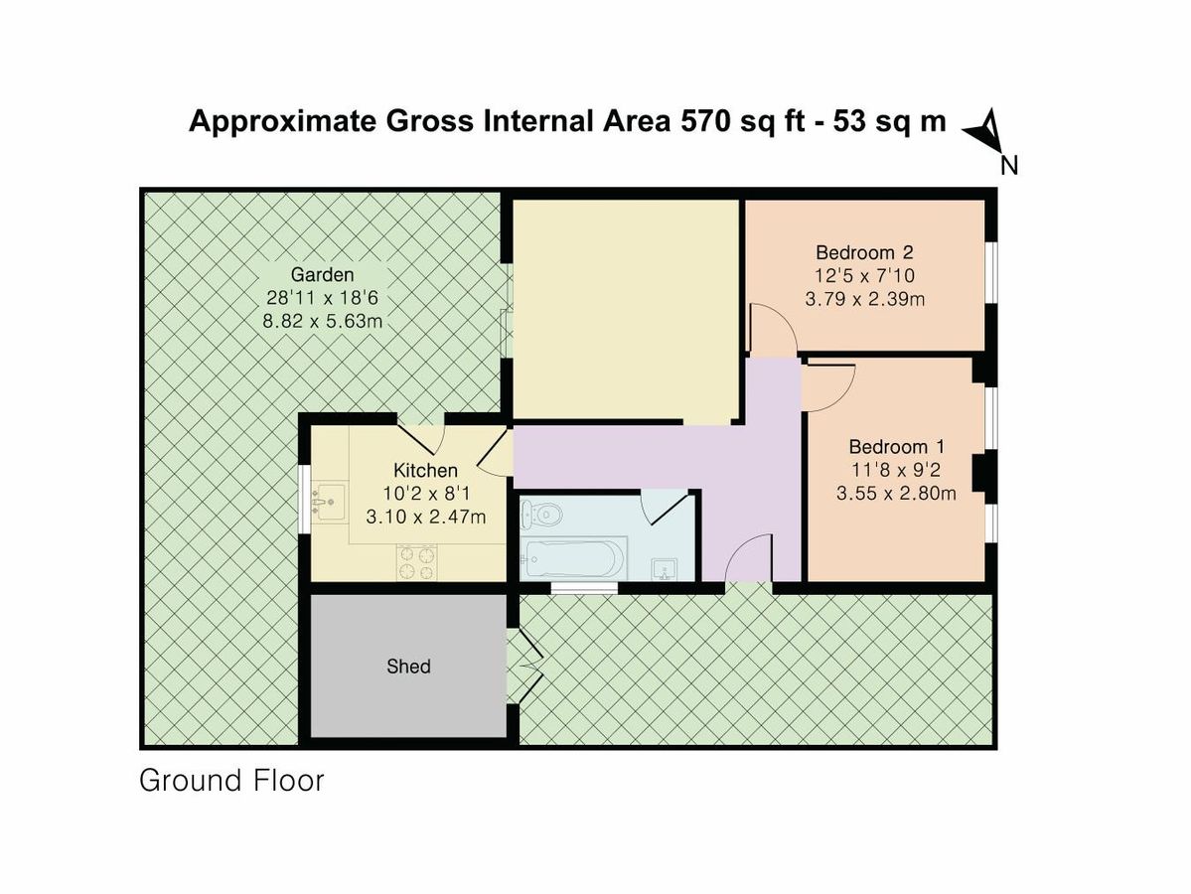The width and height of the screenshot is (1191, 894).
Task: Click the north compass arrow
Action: click(984, 131)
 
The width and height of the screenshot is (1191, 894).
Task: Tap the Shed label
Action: click(408, 667)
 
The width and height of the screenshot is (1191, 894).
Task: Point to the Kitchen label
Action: click(426, 470)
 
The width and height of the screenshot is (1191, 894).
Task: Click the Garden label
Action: click(322, 274)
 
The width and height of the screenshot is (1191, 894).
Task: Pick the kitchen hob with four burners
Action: click(417, 562)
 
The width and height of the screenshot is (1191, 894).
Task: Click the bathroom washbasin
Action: click(665, 568)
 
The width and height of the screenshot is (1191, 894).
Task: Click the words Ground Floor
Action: click(231, 781)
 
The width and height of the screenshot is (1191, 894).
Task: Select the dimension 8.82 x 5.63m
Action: click(324, 321)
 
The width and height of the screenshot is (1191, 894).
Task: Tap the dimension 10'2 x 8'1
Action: click(426, 493)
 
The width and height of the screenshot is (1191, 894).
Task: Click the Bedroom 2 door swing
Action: click(771, 330)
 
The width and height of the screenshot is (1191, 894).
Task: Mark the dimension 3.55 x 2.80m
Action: click(896, 493)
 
